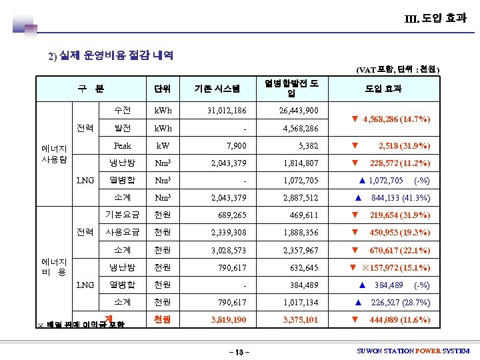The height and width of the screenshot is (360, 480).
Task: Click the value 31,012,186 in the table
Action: coord(226,110)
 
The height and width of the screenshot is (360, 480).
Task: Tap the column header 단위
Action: coord(162,88)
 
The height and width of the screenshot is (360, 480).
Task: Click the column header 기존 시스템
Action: coord(217,88)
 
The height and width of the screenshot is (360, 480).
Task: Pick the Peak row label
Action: coord(123,145)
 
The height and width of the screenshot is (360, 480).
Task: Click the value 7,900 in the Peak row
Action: coord(236,145)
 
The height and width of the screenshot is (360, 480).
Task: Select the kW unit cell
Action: coord(163,145)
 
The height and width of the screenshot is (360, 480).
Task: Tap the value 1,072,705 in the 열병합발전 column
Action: coord(301,180)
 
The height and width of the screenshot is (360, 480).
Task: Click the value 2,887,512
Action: coord(301,197)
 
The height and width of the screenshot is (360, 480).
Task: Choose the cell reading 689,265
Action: coord(232,215)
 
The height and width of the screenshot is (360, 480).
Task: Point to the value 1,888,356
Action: coord(301,233)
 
